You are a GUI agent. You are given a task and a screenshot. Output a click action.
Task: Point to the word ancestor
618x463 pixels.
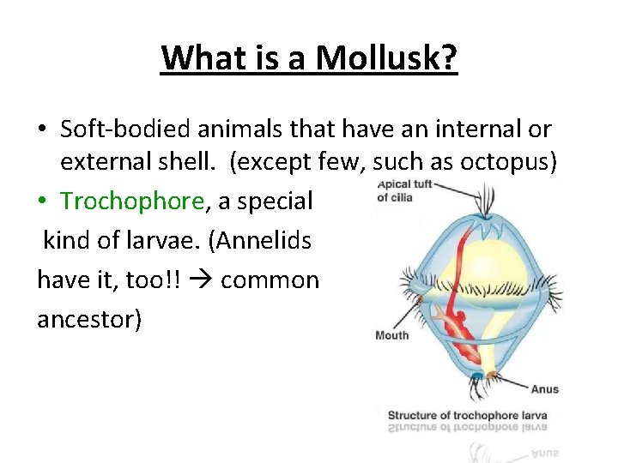coord(89,318)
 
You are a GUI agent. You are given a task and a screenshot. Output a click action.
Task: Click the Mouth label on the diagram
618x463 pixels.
coord(392,335)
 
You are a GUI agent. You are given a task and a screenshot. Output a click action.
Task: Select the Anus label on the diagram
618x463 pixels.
coord(544,389)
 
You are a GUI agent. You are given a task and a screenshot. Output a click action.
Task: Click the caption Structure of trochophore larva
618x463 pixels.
coord(467,415)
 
